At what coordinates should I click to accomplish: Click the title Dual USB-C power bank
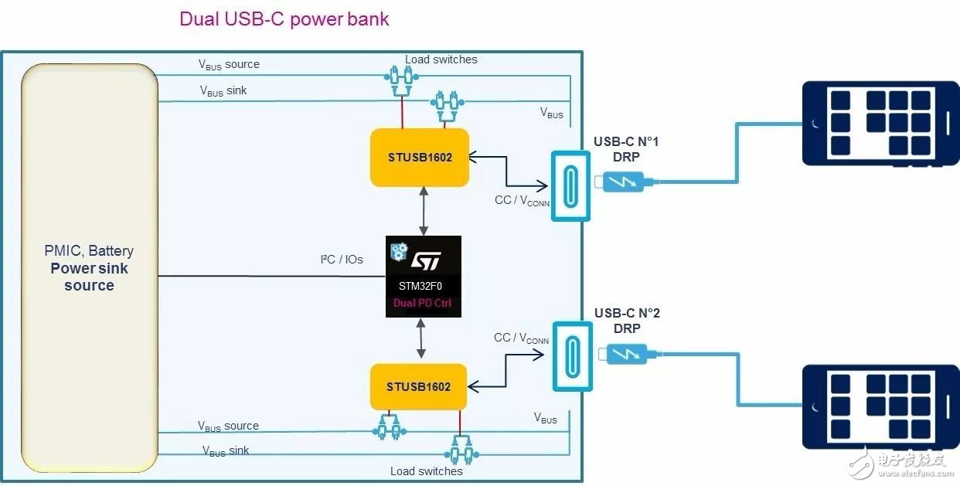284,19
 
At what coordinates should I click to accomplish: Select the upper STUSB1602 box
420,158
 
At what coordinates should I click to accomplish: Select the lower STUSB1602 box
418,386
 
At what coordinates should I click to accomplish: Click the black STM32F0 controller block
423,276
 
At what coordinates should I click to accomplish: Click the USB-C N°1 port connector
570,185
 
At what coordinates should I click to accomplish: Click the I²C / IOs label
341,259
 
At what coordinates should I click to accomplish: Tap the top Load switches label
441,59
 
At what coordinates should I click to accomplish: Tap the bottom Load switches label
426,471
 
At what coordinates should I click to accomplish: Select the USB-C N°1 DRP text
626,149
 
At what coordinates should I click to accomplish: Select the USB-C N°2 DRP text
626,321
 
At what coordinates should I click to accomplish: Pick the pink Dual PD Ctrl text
423,303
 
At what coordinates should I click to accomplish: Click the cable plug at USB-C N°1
627,183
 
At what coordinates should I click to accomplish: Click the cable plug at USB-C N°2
627,355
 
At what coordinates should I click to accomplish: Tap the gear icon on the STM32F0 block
399,250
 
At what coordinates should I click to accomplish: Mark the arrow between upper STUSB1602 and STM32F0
423,210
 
